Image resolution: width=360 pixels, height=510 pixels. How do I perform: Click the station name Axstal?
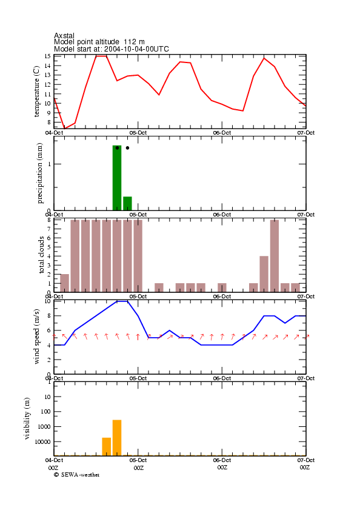click(64, 35)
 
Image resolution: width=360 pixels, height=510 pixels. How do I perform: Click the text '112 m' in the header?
click(134, 42)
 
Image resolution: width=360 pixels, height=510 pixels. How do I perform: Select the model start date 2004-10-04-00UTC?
click(136, 49)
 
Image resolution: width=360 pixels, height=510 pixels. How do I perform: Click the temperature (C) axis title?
click(36, 92)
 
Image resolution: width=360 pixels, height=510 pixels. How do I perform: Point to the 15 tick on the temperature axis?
click(47, 56)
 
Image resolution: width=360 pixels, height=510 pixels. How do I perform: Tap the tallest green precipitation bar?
click(117, 178)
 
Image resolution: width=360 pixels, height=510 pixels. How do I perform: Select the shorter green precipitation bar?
click(127, 204)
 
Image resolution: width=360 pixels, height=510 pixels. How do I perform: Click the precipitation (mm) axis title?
click(39, 173)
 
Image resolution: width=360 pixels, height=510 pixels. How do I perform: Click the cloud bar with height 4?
click(264, 274)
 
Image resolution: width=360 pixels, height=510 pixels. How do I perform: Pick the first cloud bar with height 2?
click(65, 283)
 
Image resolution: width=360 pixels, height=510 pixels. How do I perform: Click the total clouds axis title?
click(41, 255)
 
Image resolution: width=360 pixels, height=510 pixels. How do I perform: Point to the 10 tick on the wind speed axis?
click(47, 301)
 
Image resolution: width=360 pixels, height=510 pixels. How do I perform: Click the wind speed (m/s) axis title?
click(36, 337)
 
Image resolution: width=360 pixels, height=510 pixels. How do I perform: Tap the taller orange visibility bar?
click(117, 438)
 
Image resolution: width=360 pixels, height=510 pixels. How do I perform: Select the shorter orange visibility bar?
click(107, 446)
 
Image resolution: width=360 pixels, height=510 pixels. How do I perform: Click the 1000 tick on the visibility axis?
click(44, 427)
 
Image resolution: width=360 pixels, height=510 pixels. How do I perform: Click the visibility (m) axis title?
click(27, 418)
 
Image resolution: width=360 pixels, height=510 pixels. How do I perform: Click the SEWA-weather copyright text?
click(77, 475)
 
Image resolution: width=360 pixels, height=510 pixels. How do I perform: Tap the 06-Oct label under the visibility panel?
click(222, 460)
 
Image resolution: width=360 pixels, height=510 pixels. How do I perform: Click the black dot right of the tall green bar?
click(127, 148)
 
